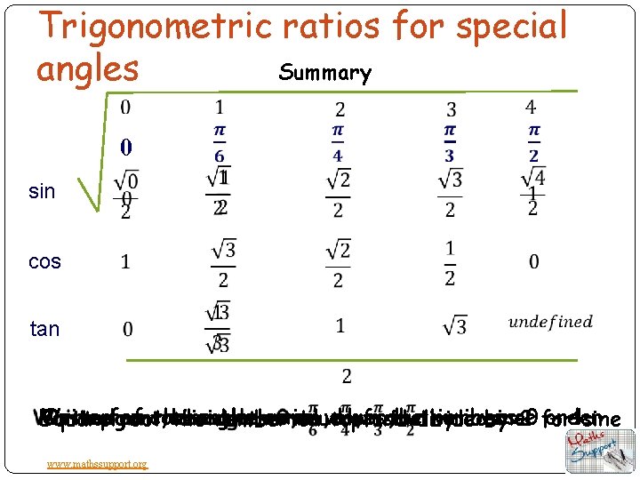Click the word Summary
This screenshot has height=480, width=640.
(324, 73)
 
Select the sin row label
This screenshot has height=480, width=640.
(42, 191)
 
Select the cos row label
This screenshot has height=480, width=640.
(44, 261)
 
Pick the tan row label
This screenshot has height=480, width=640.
(44, 329)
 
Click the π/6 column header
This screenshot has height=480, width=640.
(219, 143)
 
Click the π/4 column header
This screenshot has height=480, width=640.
(338, 143)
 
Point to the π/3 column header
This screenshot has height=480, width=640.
(450, 143)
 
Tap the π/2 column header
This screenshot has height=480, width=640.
(533, 143)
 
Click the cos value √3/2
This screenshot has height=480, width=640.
(222, 261)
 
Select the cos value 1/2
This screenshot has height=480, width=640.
(450, 263)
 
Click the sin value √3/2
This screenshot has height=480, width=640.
(450, 193)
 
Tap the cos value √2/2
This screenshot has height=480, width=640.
(338, 263)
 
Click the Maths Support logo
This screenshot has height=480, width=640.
(600, 451)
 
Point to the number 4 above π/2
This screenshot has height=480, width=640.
(531, 108)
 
